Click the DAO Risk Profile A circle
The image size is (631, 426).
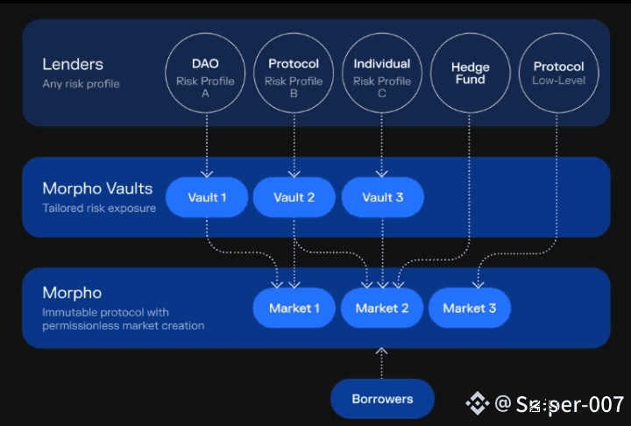point(205,73)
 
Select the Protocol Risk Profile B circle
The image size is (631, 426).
point(294,73)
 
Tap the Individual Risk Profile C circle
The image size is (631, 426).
point(382,73)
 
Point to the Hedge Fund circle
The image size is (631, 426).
point(471,73)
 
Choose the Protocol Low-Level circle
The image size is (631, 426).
point(558,73)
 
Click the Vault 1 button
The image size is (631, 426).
point(207,197)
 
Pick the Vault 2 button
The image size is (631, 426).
point(294,197)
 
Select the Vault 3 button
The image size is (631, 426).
point(382,197)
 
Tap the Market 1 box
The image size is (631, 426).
point(294,308)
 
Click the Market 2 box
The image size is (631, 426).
point(382,308)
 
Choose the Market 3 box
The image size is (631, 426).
point(469,308)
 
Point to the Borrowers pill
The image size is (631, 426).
point(382,399)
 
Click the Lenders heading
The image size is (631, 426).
point(73,64)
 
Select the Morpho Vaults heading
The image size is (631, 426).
point(97,188)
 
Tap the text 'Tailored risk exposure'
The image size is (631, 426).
point(99,209)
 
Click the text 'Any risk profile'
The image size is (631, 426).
point(81,84)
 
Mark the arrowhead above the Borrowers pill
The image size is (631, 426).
point(381,351)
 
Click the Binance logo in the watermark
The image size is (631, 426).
point(477,403)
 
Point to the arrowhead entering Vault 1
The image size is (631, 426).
point(207,174)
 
